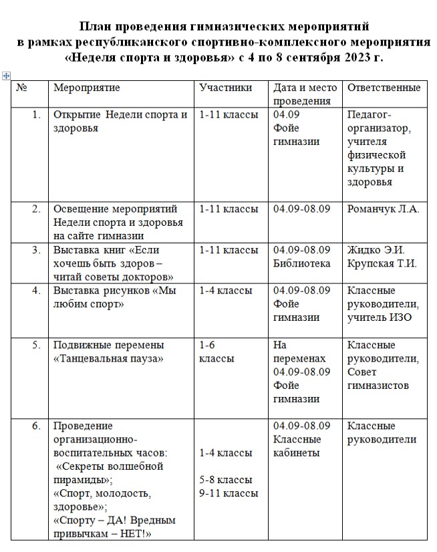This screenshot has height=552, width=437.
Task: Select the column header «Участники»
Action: pyautogui.click(x=226, y=88)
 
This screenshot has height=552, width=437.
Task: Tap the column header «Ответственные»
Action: pyautogui.click(x=384, y=88)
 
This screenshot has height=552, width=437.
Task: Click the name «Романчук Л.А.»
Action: pyautogui.click(x=383, y=209)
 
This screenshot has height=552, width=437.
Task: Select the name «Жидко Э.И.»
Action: pyautogui.click(x=376, y=251)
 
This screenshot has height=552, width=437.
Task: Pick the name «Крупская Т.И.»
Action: pyautogui.click(x=382, y=263)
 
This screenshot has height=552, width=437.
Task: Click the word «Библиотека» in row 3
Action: pyautogui.click(x=301, y=263)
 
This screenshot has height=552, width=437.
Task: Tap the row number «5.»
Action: pyautogui.click(x=37, y=346)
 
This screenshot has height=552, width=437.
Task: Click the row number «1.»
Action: pyautogui.click(x=37, y=115)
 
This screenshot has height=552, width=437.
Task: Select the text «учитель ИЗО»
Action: pyautogui.click(x=379, y=317)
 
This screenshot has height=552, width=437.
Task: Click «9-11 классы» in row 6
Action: pyautogui.click(x=229, y=493)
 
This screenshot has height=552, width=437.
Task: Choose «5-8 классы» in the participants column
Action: pyautogui.click(x=226, y=480)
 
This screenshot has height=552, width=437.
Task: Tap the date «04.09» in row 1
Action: pyautogui.click(x=286, y=115)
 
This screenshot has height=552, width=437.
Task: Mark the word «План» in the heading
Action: pyautogui.click(x=96, y=27)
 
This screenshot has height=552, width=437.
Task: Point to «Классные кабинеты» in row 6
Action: pyautogui.click(x=297, y=446)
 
